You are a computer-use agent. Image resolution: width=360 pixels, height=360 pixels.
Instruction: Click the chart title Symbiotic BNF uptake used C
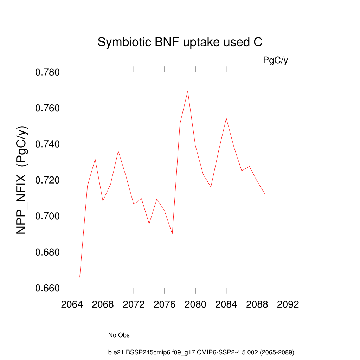coord(180,42)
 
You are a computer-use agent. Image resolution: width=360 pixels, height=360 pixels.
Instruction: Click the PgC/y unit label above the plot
coord(276,60)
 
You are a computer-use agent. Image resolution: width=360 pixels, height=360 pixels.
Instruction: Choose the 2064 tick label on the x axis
coord(72,304)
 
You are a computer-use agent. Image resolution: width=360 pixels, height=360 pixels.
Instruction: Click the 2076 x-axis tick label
coord(165,304)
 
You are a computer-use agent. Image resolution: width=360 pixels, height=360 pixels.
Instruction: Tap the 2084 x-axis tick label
coord(226,304)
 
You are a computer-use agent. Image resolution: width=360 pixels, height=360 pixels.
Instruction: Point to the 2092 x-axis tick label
coord(288,304)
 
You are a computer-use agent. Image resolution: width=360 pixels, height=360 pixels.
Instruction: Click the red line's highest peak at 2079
coord(188,91)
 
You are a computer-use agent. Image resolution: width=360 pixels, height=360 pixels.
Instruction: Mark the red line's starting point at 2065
coord(80,277)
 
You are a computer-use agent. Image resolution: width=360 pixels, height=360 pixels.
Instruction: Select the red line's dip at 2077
coord(172,234)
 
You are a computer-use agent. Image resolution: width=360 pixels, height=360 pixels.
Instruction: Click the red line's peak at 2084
coord(226,118)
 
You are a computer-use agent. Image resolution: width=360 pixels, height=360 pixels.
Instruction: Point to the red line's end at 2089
coord(265,194)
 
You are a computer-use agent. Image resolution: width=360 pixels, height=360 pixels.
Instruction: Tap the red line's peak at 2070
coord(118,151)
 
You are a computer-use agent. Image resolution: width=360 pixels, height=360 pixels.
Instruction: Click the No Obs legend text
coord(119,335)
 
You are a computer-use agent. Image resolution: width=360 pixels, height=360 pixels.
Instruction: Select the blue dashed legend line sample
coord(84,335)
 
